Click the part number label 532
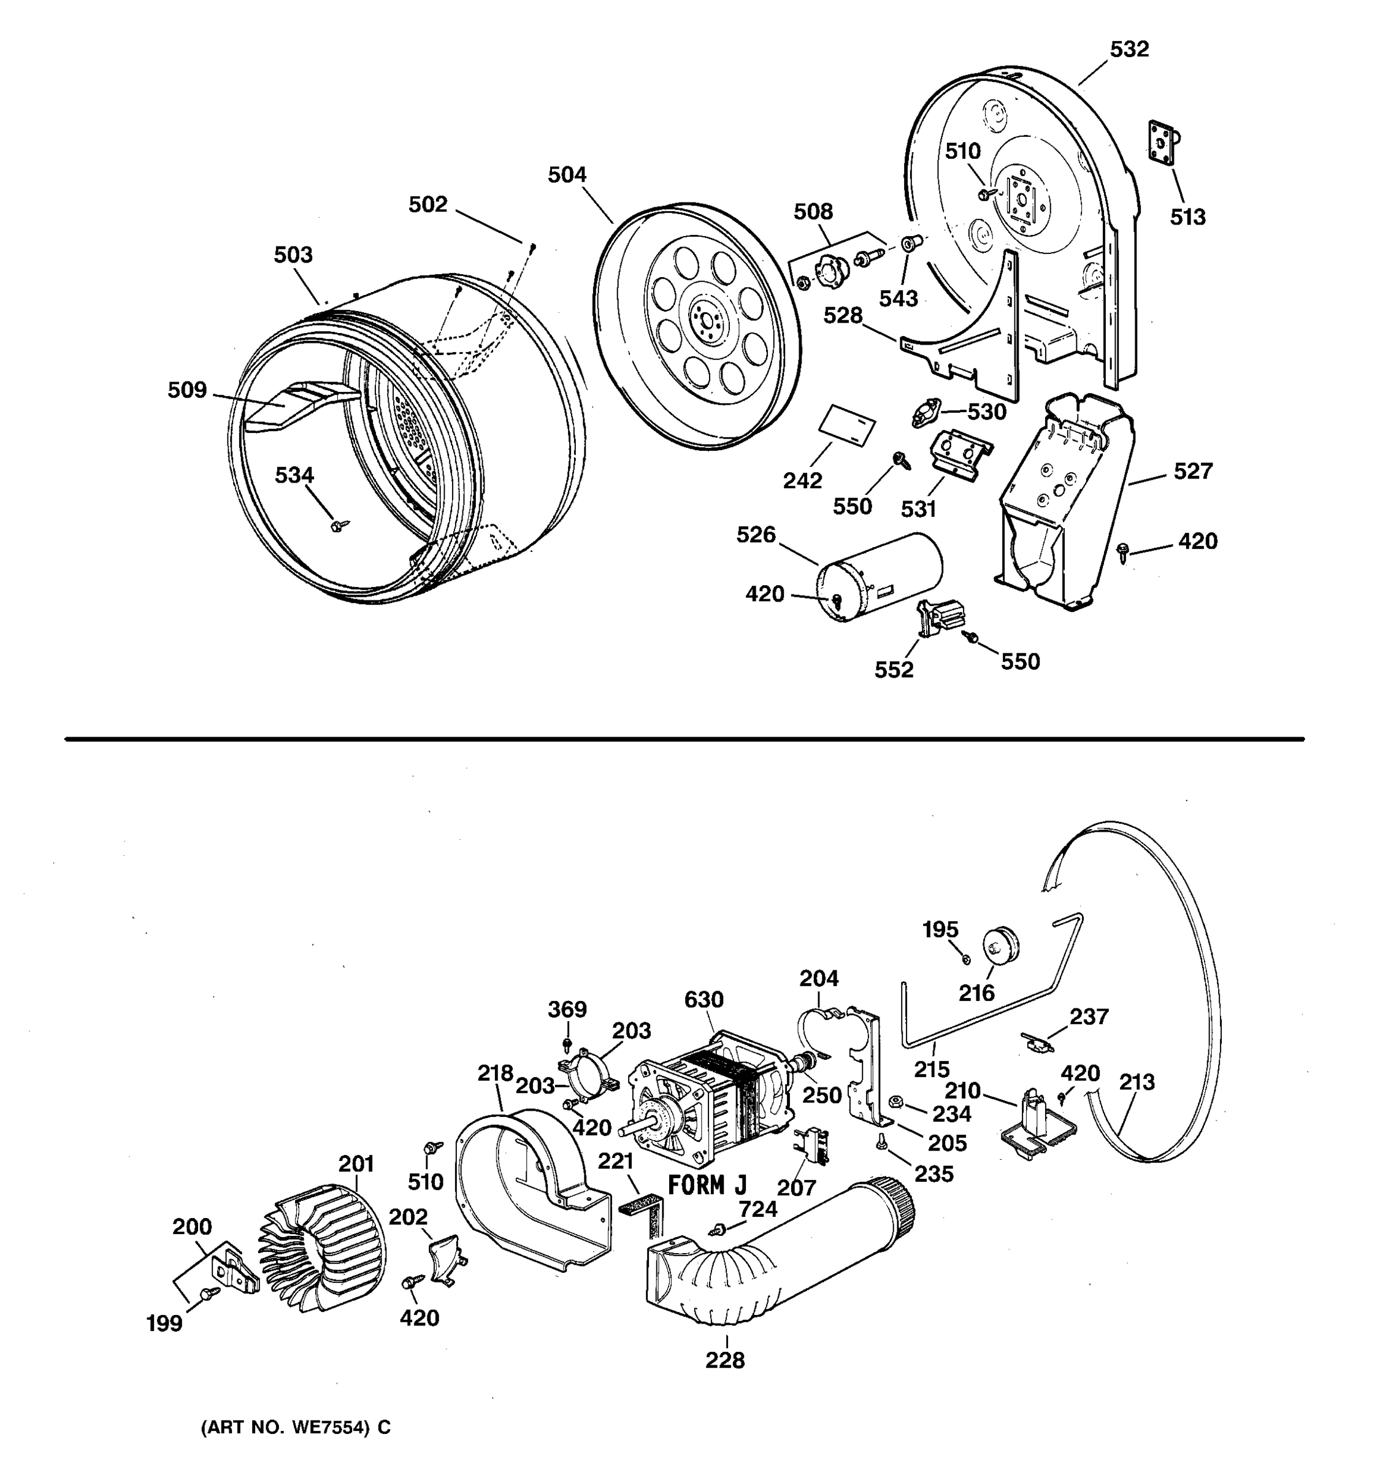tap(1129, 50)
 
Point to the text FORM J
tap(707, 1186)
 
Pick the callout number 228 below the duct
tap(724, 1360)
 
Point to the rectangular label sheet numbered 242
tap(847, 425)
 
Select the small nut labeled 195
tap(966, 960)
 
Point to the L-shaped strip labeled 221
tap(645, 1214)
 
